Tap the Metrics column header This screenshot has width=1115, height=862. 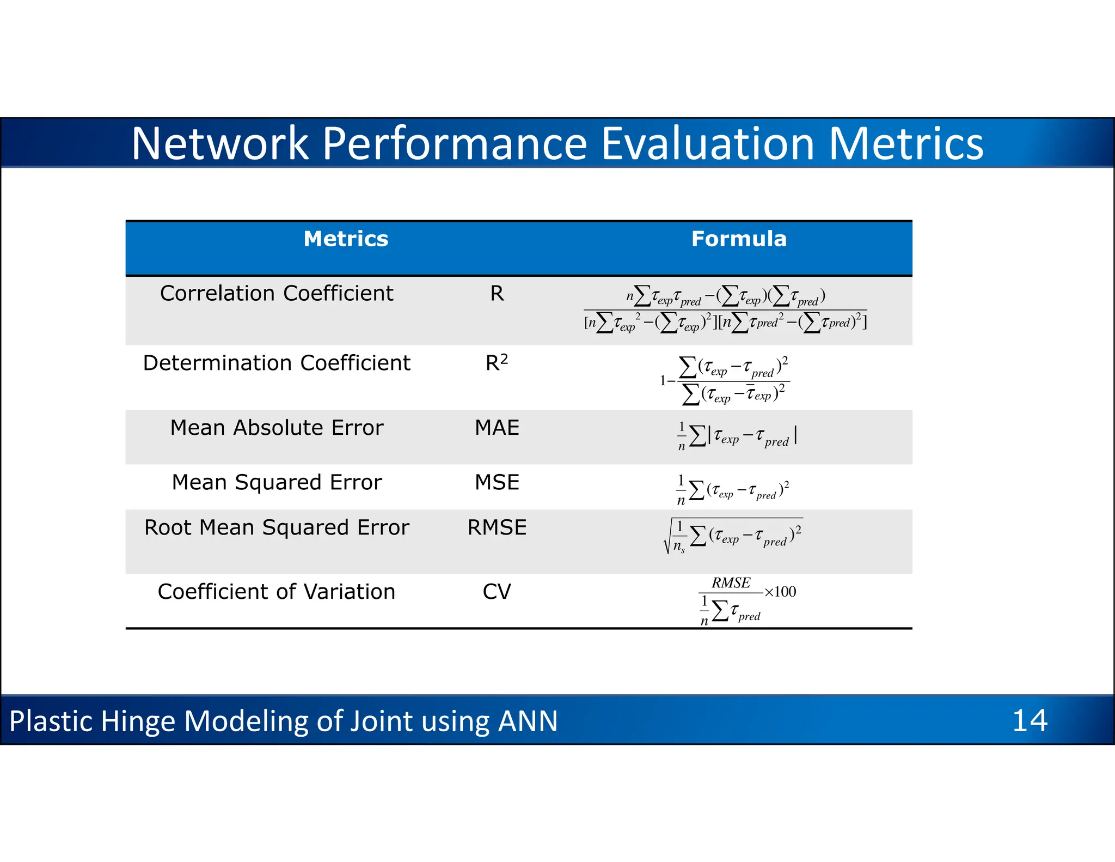pos(346,239)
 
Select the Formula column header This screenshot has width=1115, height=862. pos(739,239)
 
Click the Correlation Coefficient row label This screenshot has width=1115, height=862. pos(277,293)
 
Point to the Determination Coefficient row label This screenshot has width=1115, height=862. pos(277,363)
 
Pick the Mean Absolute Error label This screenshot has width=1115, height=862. pos(277,428)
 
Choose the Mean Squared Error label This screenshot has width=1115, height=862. pos(277,482)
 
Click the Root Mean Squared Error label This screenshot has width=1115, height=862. pos(277,527)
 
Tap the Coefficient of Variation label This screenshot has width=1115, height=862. pos(277,592)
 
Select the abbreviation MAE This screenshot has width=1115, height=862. pos(497,428)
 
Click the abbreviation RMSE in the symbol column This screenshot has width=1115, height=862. pos(497,527)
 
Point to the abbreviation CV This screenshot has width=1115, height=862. pos(497,592)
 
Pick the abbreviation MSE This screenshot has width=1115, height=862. pos(497,482)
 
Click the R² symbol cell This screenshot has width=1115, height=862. pos(497,362)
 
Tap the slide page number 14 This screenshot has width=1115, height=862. pos(1030,720)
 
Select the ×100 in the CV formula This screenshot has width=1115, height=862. pos(780,592)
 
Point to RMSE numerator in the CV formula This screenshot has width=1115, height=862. pos(731,583)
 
